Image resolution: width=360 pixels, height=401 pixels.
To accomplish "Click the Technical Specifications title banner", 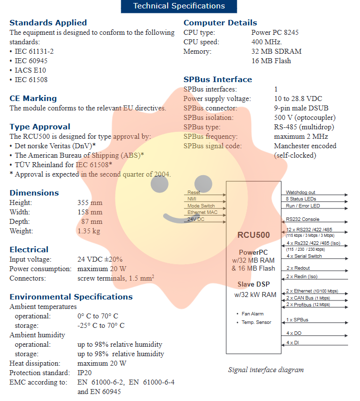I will [x=179, y=6].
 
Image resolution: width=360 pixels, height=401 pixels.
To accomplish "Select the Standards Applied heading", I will [x=48, y=23].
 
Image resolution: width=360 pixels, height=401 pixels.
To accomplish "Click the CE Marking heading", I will [x=33, y=99].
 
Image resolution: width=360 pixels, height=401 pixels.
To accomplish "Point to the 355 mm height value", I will [x=90, y=202].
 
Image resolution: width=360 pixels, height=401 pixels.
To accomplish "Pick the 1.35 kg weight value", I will [x=89, y=231].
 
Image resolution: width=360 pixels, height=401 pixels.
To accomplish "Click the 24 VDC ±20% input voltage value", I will [x=100, y=259].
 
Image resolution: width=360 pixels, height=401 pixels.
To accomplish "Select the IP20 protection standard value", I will [x=85, y=373].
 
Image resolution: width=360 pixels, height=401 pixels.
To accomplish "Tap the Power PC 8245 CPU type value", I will [x=275, y=32].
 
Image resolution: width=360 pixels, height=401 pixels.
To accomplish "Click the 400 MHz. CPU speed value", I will [x=267, y=42].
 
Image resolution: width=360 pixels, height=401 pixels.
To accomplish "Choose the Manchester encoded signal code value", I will [x=305, y=146].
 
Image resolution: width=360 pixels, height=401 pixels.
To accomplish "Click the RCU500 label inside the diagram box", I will [x=254, y=235].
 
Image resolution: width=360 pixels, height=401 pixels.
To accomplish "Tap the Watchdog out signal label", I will [x=300, y=193].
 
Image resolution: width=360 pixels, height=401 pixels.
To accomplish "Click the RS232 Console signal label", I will [x=302, y=219].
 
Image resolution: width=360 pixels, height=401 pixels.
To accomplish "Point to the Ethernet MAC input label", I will [x=202, y=212].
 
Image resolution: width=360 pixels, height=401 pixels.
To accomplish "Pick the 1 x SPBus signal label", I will [x=297, y=319].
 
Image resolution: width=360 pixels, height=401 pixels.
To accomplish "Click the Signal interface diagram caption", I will [x=266, y=370].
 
